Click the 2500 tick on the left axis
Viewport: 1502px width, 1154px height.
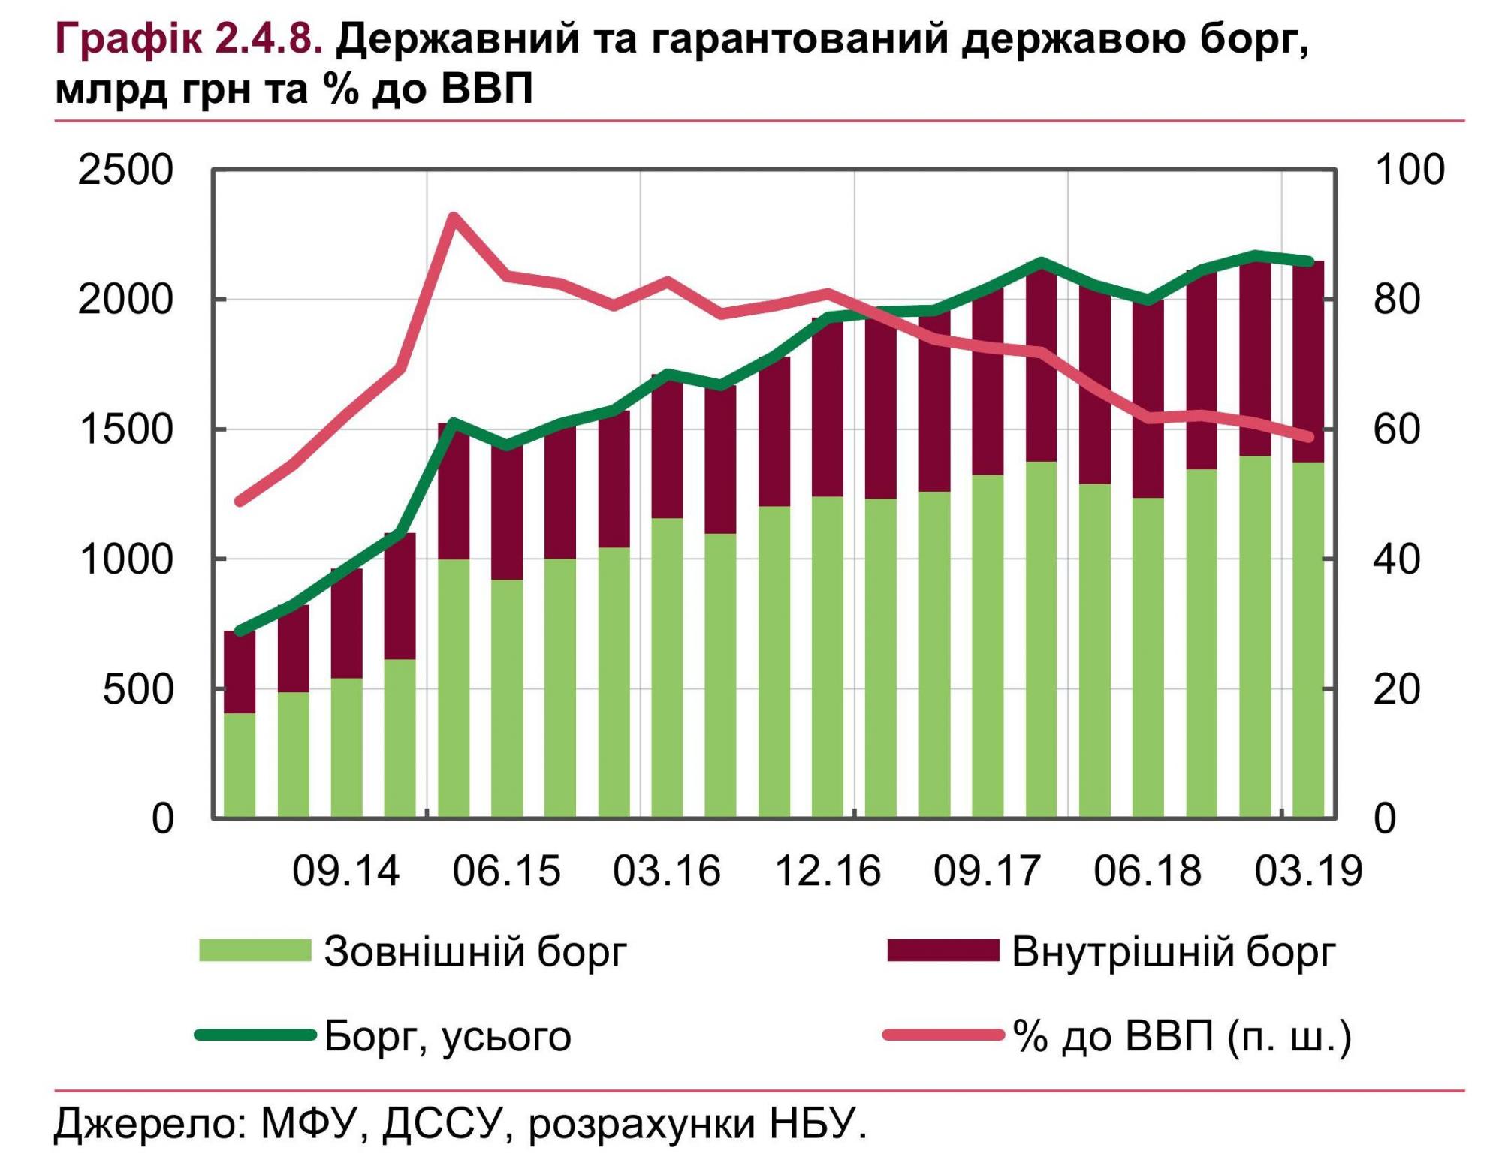pyautogui.click(x=125, y=170)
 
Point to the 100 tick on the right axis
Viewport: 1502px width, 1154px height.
pyautogui.click(x=1409, y=170)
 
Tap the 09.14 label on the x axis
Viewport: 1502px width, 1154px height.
pyautogui.click(x=346, y=871)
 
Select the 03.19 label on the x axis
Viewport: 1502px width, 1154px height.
pyautogui.click(x=1308, y=871)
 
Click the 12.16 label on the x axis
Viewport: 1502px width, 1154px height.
pyautogui.click(x=827, y=871)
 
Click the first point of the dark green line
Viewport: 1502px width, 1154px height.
pyautogui.click(x=240, y=631)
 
